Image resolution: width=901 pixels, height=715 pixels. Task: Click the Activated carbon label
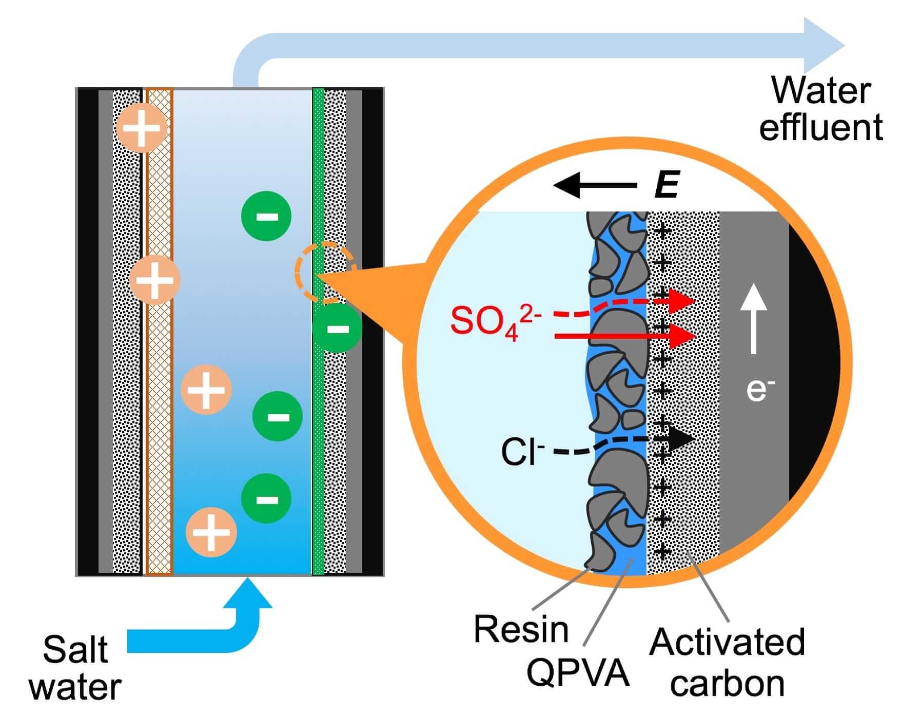coord(727,662)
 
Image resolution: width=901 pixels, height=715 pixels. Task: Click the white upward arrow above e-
coord(753,319)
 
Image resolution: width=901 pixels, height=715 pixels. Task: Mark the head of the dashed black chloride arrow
coord(680,439)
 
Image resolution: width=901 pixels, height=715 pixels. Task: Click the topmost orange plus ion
coord(142,128)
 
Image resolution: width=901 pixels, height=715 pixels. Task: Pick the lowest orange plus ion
coord(211,532)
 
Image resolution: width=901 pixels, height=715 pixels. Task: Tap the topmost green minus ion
coord(266,216)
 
